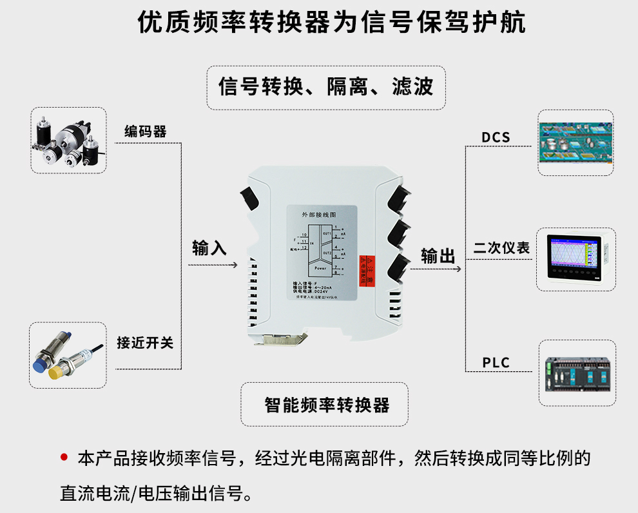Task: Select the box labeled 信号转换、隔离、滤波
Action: (x=326, y=87)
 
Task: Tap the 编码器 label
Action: (x=145, y=131)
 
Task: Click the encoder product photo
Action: (x=68, y=140)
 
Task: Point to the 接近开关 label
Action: (x=145, y=342)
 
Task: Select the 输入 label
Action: (x=209, y=247)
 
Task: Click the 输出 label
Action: (x=438, y=256)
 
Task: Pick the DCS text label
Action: (x=496, y=137)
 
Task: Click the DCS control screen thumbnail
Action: (x=575, y=142)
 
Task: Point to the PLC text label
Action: (x=496, y=363)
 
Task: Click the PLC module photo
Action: (x=576, y=374)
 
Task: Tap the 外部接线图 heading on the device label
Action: (x=320, y=213)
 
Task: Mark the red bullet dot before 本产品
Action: (x=63, y=458)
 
